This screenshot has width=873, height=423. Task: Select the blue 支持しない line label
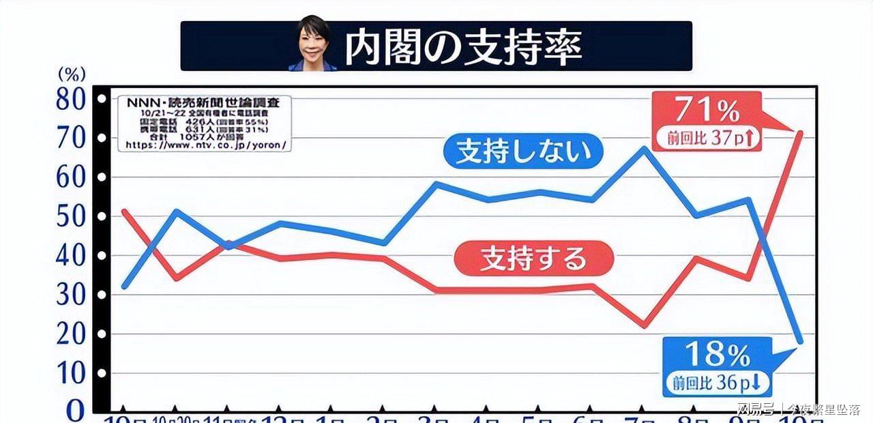click(523, 151)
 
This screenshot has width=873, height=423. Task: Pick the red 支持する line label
click(533, 259)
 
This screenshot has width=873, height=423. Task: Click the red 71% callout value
click(707, 109)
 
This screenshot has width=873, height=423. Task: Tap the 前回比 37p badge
click(707, 137)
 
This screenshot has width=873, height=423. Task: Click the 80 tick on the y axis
click(70, 100)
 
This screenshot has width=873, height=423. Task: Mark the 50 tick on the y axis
click(70, 217)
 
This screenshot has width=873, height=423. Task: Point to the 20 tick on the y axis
click(70, 334)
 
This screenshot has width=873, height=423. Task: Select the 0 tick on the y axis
click(75, 410)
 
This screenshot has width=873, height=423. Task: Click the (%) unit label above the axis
click(71, 73)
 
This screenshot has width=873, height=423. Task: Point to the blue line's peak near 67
click(644, 147)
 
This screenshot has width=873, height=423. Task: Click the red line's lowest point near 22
click(644, 326)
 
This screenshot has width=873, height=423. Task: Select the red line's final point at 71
click(800, 132)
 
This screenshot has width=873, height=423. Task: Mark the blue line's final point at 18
click(800, 341)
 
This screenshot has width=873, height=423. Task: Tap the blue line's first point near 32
click(124, 287)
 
